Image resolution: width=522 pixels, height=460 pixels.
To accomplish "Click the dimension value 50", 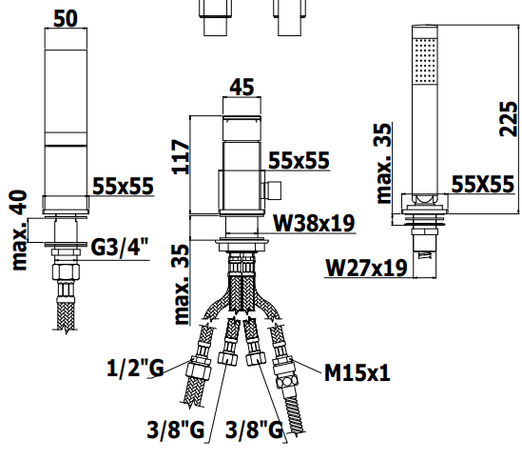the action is point(66,19).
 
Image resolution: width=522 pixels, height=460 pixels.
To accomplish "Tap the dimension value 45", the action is point(242,87).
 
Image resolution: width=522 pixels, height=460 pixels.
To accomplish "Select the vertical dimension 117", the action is point(181,157).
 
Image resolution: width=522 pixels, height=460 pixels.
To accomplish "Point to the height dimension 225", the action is point(509,119).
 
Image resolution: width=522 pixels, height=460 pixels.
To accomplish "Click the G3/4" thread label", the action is point(120,247).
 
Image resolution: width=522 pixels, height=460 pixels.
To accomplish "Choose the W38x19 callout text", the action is point(314,223).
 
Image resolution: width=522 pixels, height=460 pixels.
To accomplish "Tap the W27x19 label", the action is point(366,268).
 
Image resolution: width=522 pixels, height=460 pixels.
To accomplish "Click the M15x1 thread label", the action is point(358,372).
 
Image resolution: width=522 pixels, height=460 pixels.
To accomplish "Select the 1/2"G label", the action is point(135,368).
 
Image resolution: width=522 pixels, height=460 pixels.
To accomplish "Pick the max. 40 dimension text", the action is point(19,230).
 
